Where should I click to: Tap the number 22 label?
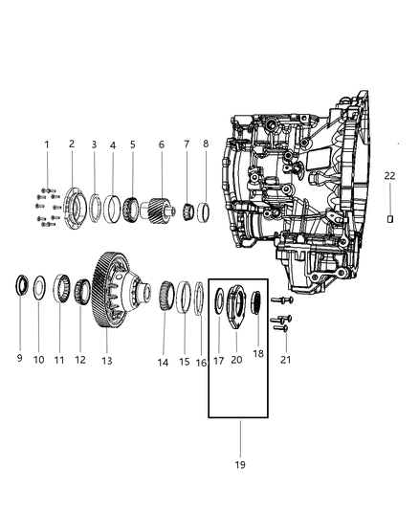pyautogui.click(x=389, y=174)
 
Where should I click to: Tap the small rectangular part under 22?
pyautogui.click(x=390, y=219)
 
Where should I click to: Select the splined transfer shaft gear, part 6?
pyautogui.click(x=160, y=208)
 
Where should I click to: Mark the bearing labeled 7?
pyautogui.click(x=186, y=207)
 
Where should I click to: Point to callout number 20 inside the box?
pyautogui.click(x=235, y=361)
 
